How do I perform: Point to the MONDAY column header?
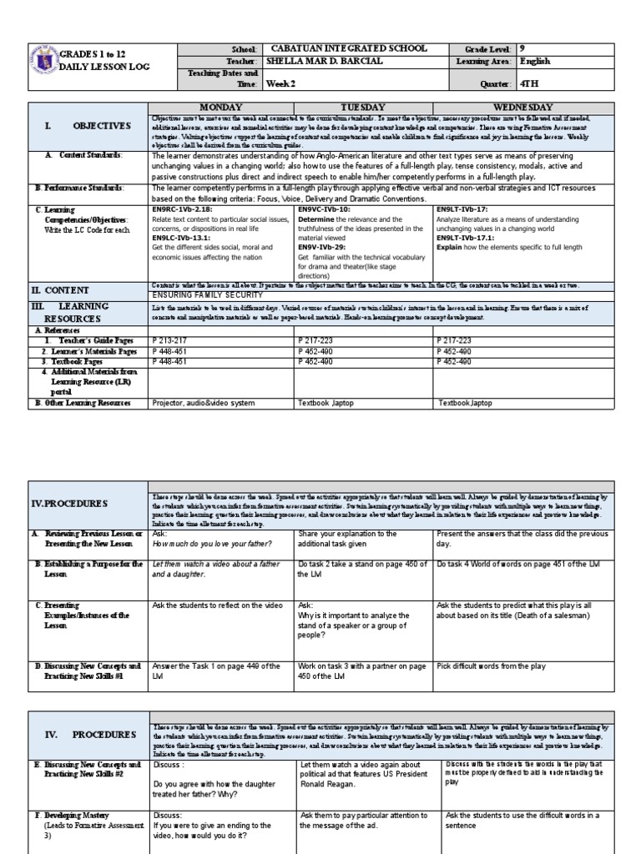click(220, 108)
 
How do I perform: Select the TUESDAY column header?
click(365, 108)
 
